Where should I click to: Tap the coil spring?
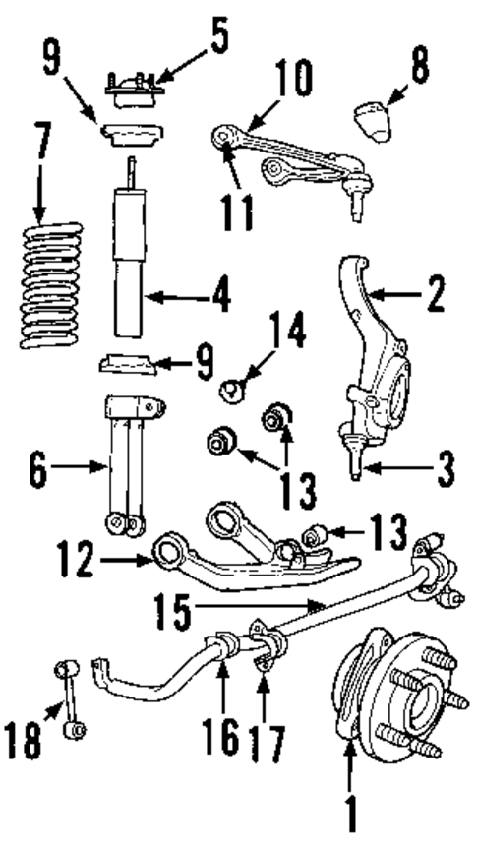[x=51, y=285]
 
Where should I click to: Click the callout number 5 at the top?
[x=218, y=36]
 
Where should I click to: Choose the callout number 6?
[x=36, y=471]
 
